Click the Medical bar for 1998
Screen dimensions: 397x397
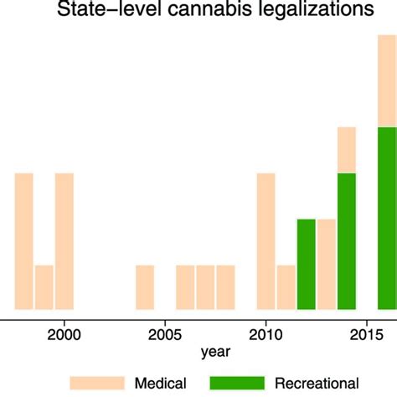pos(24,240)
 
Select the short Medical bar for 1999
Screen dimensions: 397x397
pos(44,286)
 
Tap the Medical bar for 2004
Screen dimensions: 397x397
pos(145,286)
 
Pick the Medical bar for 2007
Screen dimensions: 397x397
pos(205,286)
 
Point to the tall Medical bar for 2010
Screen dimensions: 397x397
pos(266,240)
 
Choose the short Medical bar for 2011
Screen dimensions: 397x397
pos(286,286)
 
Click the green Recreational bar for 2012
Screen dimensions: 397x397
pos(307,263)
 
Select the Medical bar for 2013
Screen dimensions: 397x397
pos(327,263)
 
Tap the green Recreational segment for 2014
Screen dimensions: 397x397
pos(347,240)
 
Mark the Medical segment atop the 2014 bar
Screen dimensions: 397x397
pos(347,149)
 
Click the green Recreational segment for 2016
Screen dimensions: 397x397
pos(387,218)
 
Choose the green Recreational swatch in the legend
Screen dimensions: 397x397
pos(236,383)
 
